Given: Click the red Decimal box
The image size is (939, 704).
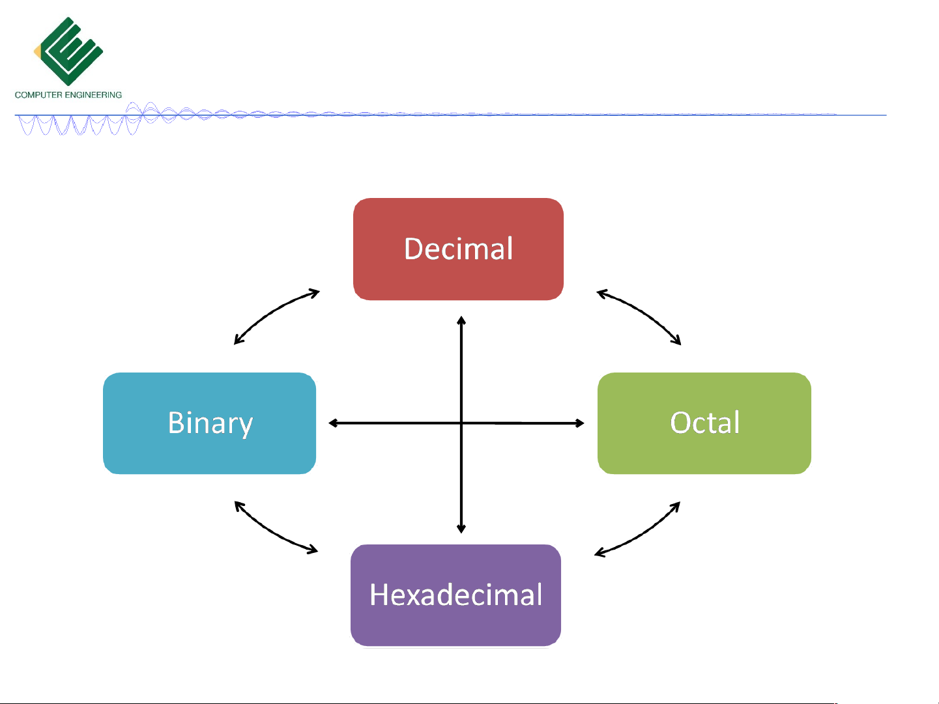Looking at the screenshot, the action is [458, 249].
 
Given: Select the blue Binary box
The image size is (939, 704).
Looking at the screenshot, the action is [210, 423].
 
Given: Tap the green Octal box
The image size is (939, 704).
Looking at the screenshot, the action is [704, 423].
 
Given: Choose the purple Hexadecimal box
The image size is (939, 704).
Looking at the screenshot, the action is [455, 595].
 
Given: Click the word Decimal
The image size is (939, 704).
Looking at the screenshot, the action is [458, 248].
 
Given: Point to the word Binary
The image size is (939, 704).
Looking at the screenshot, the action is [210, 423].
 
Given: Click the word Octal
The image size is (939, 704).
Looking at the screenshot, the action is [704, 422].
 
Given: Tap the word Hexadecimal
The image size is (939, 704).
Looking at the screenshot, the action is [455, 595].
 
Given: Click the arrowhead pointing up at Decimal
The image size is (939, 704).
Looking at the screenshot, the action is [461, 320].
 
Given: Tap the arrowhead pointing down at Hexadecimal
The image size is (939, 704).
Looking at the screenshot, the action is [461, 528].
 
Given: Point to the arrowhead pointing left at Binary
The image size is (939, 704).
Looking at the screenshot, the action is [333, 423].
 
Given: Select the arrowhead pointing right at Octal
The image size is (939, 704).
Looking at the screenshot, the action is [579, 423].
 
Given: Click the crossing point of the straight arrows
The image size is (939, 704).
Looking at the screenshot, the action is [461, 423].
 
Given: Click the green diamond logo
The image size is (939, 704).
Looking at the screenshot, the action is [68, 51].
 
